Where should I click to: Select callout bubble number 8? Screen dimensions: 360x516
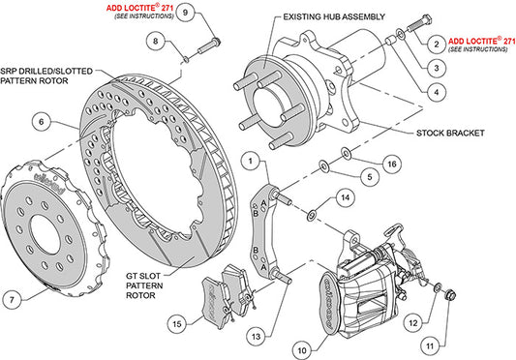coord(155,41)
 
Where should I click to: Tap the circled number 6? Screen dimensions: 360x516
coord(41,122)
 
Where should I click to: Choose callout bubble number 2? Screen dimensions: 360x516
coord(438,44)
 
